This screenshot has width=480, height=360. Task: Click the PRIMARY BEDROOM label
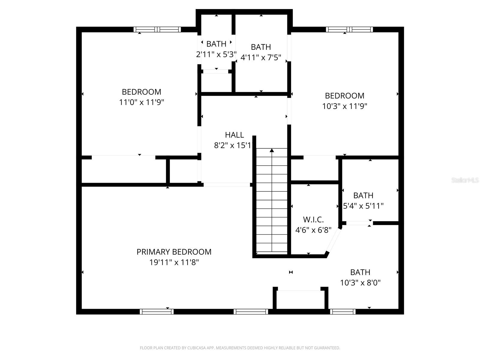coord(174,252)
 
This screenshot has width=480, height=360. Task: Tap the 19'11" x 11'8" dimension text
coord(174,262)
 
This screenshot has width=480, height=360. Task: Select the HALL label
coord(234,135)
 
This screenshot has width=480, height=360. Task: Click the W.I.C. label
coord(313,220)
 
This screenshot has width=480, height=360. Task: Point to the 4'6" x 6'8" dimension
coord(313,230)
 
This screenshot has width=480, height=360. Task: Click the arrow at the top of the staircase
coord(272,150)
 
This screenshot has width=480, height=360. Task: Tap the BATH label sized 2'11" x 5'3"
coord(216,44)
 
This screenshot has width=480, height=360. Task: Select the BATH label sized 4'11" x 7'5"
coord(261,47)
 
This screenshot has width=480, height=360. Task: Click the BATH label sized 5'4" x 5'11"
coord(363,196)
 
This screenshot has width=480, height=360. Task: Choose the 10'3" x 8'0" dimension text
coord(360,283)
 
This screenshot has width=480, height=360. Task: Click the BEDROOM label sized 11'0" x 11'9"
coord(141,92)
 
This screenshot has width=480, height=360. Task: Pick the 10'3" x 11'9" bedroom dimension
coord(345,106)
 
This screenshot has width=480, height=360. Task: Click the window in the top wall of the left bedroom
coord(157,29)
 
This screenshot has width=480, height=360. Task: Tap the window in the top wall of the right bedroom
coord(349,29)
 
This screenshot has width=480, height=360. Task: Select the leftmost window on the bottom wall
coord(157,312)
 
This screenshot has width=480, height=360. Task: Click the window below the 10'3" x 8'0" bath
coord(343,312)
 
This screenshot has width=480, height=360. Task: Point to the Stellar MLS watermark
coord(465,180)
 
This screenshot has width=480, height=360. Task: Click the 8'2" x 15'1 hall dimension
coord(233,145)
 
